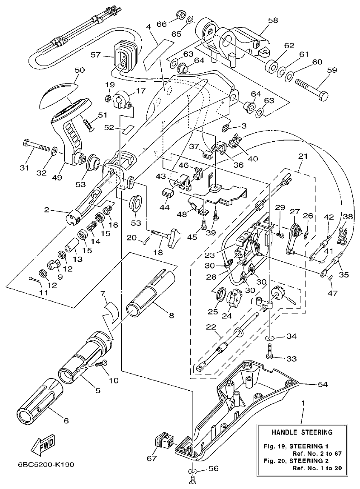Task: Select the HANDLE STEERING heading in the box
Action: tap(302, 432)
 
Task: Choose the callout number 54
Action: tap(322, 384)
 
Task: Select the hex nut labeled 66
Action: tap(179, 17)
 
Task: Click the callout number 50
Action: tap(80, 69)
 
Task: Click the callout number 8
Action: tap(171, 315)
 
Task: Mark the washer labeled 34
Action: tap(271, 337)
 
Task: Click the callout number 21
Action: tap(303, 157)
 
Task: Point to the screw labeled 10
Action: tap(101, 363)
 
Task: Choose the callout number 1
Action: tap(303, 403)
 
